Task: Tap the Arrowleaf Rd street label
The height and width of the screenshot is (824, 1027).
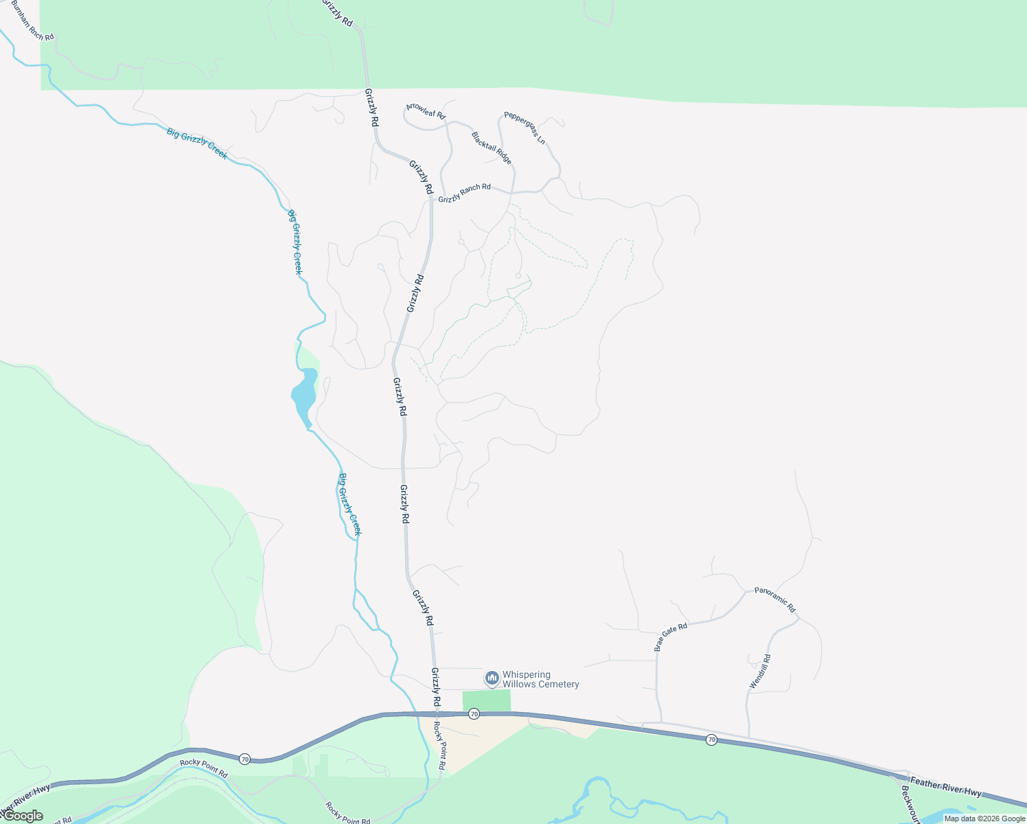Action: click(426, 111)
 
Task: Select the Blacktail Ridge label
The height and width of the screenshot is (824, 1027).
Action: click(492, 148)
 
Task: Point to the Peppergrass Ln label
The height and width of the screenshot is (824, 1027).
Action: click(524, 128)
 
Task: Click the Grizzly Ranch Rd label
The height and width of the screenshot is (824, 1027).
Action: click(465, 193)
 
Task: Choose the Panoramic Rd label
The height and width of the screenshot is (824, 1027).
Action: click(774, 599)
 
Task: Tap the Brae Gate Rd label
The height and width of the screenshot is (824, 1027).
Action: click(671, 637)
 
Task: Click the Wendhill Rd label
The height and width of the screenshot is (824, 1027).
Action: click(760, 672)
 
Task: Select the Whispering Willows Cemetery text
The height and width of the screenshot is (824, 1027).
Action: click(540, 680)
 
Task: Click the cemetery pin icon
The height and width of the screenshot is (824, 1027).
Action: click(492, 678)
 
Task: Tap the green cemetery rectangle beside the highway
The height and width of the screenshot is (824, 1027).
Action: click(487, 701)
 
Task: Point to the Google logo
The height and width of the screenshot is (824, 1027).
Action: click(23, 816)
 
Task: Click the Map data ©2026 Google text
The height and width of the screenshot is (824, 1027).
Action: click(984, 819)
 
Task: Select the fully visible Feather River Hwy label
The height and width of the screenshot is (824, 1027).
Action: click(945, 786)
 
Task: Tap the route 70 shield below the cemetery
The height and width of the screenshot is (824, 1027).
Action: click(474, 715)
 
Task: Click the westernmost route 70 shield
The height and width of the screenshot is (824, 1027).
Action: click(245, 759)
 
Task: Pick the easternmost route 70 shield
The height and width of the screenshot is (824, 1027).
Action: click(711, 740)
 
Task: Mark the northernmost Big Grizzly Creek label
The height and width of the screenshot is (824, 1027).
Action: click(197, 144)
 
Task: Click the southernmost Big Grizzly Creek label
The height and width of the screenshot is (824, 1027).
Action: click(350, 505)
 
